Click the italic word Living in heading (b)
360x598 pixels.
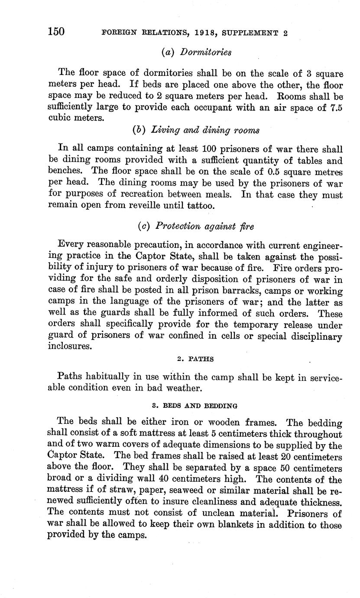[164, 130]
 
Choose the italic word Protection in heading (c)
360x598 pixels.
[178, 226]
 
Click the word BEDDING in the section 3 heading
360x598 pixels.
[219, 406]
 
